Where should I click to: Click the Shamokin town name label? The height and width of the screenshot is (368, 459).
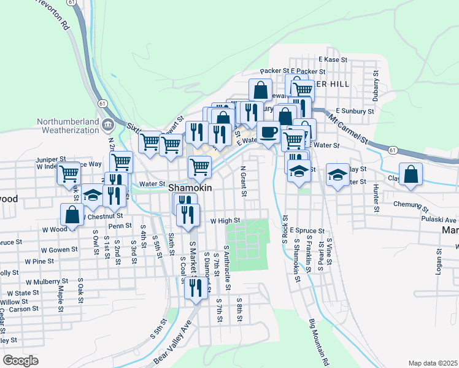pyautogui.click(x=190, y=189)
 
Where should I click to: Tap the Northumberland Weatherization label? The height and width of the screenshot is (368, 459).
pyautogui.click(x=67, y=125)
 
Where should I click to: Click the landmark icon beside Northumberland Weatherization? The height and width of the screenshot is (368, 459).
pyautogui.click(x=108, y=125)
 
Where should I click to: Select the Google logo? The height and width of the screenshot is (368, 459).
pyautogui.click(x=20, y=360)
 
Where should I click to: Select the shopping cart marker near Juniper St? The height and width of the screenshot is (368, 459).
pyautogui.click(x=69, y=172)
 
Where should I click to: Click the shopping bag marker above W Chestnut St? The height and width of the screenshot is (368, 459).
pyautogui.click(x=72, y=214)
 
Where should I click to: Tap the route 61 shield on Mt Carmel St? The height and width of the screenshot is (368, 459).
pyautogui.click(x=392, y=149)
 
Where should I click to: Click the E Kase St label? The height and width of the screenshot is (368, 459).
pyautogui.click(x=333, y=59)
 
